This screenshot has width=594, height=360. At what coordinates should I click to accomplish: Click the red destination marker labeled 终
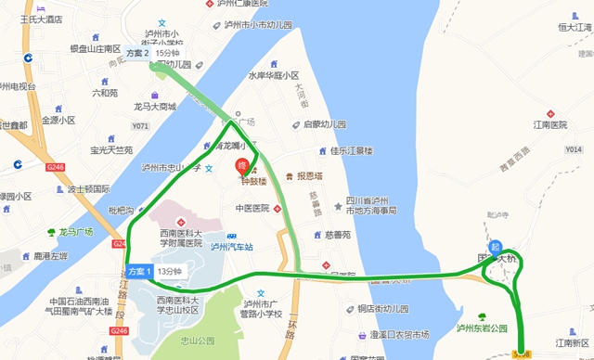click(x=244, y=167)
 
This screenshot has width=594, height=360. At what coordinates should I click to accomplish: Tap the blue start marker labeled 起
click(x=497, y=248)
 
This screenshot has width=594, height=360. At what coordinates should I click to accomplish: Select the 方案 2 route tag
click(x=138, y=55)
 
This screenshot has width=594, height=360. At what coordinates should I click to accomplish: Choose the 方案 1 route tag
click(x=139, y=271)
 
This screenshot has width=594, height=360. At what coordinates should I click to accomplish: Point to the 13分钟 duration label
click(x=170, y=271)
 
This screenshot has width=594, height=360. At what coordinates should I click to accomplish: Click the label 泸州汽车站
click(x=232, y=247)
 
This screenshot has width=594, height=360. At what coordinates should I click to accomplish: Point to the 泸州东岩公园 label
click(x=482, y=328)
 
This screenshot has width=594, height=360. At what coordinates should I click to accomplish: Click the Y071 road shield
click(x=140, y=125)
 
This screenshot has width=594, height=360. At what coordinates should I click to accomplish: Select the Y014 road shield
click(x=573, y=149)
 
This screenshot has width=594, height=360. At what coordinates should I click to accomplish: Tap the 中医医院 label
click(x=252, y=209)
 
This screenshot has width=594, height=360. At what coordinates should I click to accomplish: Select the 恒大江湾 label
click(x=575, y=29)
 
